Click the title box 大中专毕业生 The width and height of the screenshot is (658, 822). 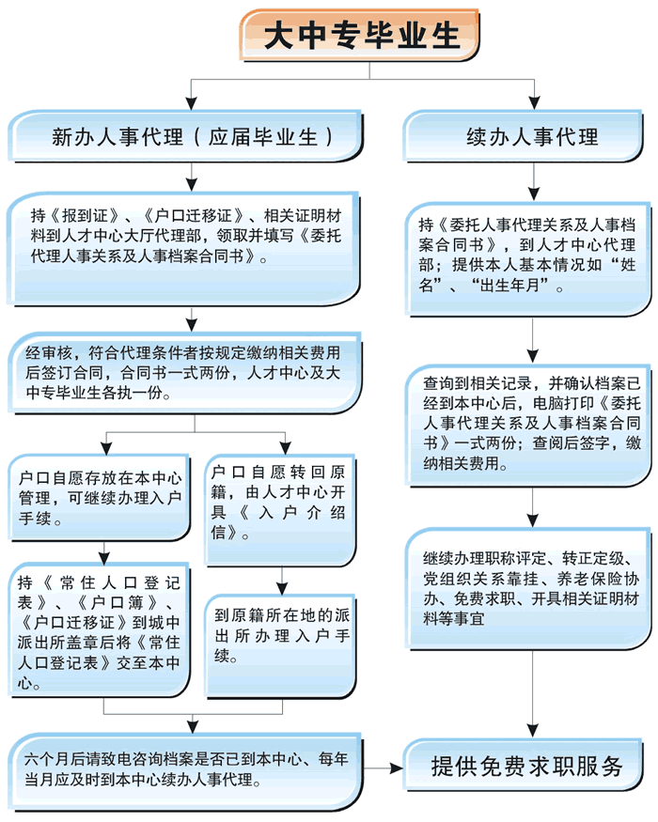pyautogui.click(x=361, y=36)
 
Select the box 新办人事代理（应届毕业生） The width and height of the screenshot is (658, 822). pyautogui.click(x=192, y=137)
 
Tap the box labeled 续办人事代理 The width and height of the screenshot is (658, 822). pyautogui.click(x=532, y=137)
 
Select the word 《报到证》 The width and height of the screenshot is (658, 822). pyautogui.click(x=81, y=212)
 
